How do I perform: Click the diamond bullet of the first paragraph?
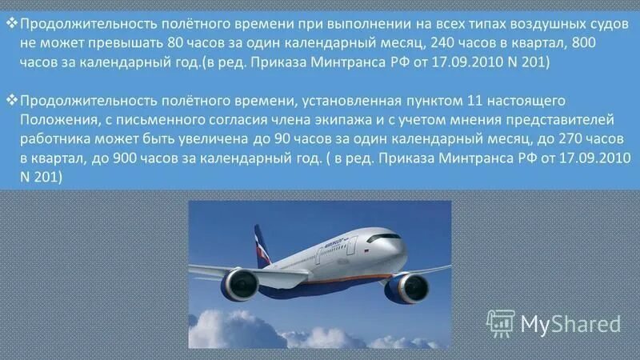(11, 22)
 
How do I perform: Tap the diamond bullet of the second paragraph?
(11, 98)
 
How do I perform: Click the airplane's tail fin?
(262, 245)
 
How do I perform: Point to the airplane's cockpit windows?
(384, 238)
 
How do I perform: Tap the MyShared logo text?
(570, 323)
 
